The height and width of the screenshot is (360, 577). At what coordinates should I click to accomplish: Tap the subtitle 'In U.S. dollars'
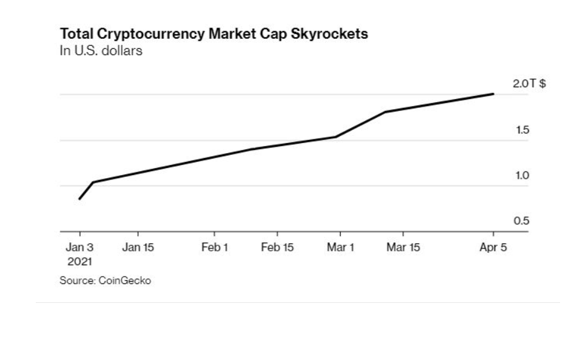pos(100,51)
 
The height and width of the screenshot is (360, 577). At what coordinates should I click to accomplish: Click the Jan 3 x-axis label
pos(79,248)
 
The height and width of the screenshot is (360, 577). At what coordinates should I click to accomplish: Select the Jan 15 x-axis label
pos(137,248)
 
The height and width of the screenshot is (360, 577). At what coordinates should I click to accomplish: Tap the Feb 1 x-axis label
pos(214,248)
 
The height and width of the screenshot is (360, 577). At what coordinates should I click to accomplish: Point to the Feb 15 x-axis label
pos(277,248)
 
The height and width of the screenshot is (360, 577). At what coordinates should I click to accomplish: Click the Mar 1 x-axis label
pos(341,248)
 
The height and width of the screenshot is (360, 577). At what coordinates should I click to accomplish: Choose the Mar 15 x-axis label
pos(403,248)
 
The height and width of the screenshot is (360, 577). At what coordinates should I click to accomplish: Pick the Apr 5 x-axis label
pos(493,248)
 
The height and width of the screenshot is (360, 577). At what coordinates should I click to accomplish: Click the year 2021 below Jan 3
pos(79,260)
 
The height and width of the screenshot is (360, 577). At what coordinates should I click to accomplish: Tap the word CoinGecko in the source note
pos(125,280)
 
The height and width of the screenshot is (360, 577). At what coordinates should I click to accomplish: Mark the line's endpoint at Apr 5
pos(494,94)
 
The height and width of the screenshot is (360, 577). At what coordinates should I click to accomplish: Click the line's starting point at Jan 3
pos(79,199)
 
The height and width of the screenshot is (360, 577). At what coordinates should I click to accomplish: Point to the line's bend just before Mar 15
pos(385,112)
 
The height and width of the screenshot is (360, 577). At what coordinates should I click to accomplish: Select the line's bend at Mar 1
pos(337,137)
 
